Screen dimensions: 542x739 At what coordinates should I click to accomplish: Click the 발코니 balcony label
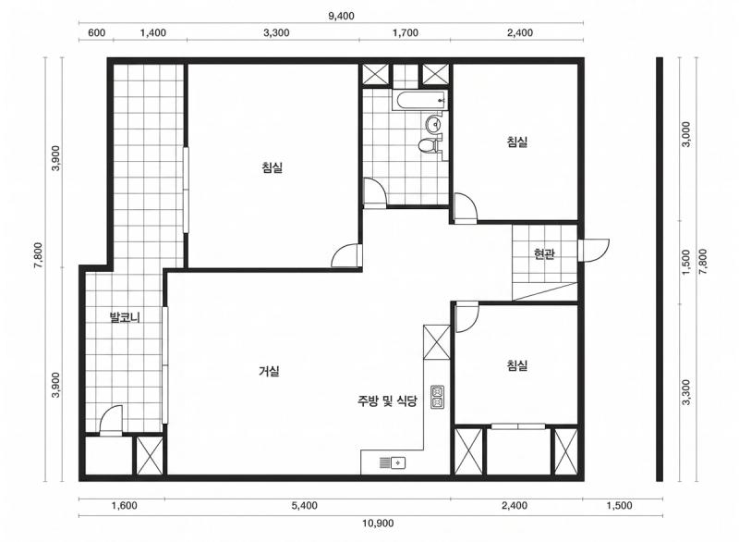pyautogui.click(x=124, y=318)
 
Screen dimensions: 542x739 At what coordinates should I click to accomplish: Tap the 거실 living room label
pyautogui.click(x=270, y=371)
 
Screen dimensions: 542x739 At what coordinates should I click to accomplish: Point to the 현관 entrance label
pyautogui.click(x=544, y=254)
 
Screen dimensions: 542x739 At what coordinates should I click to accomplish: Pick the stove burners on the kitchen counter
pyautogui.click(x=438, y=397)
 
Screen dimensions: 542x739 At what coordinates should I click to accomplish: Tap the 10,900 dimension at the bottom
pyautogui.click(x=379, y=524)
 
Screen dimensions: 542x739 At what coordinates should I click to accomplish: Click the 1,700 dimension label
pyautogui.click(x=405, y=32)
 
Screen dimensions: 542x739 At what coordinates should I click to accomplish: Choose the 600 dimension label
pyautogui.click(x=96, y=32)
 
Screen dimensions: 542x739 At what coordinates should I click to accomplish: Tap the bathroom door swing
pyautogui.click(x=374, y=191)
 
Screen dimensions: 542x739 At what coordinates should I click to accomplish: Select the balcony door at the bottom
pyautogui.click(x=111, y=420)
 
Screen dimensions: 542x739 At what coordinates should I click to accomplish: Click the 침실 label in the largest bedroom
pyautogui.click(x=273, y=167)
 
